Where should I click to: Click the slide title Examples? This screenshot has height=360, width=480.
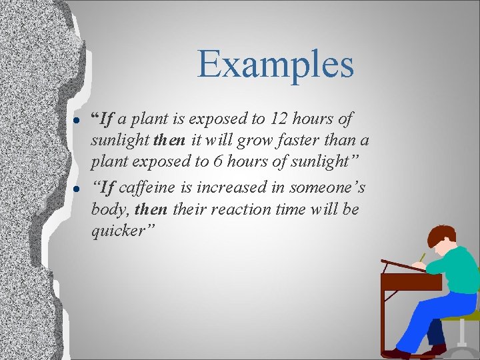click(x=275, y=65)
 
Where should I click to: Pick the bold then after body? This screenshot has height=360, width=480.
click(x=150, y=210)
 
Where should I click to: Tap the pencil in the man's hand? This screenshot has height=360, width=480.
click(x=421, y=257)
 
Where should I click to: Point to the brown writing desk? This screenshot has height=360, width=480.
click(x=409, y=282)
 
